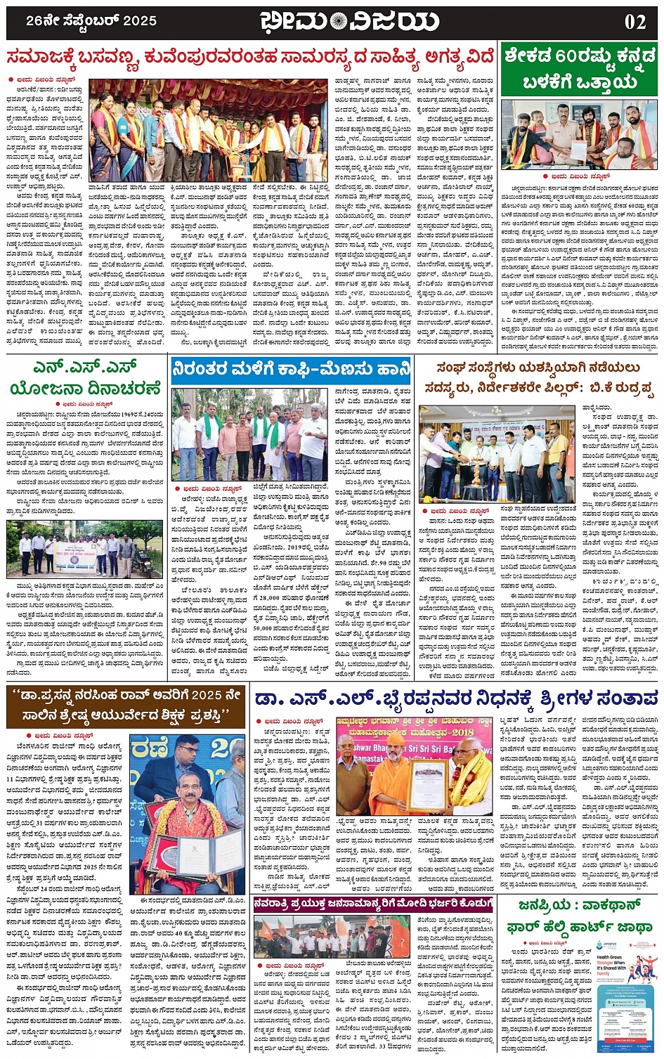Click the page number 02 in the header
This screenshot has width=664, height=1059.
(x=634, y=21)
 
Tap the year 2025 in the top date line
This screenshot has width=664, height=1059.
(x=138, y=21)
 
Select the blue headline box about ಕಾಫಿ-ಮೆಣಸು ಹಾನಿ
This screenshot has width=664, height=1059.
(x=291, y=368)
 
